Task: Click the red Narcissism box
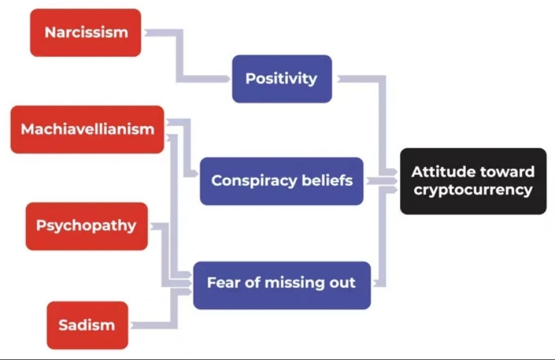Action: [x=85, y=33]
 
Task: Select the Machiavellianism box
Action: [x=87, y=129]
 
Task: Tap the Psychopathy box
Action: [x=86, y=226]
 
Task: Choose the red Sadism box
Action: [x=87, y=325]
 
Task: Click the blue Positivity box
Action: [x=282, y=79]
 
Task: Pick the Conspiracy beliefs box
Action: [x=282, y=181]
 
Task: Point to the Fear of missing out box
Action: [x=282, y=283]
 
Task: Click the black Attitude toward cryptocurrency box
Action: [x=473, y=181]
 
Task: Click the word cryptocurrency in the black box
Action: [x=473, y=190]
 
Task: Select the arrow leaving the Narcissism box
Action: [x=158, y=33]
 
